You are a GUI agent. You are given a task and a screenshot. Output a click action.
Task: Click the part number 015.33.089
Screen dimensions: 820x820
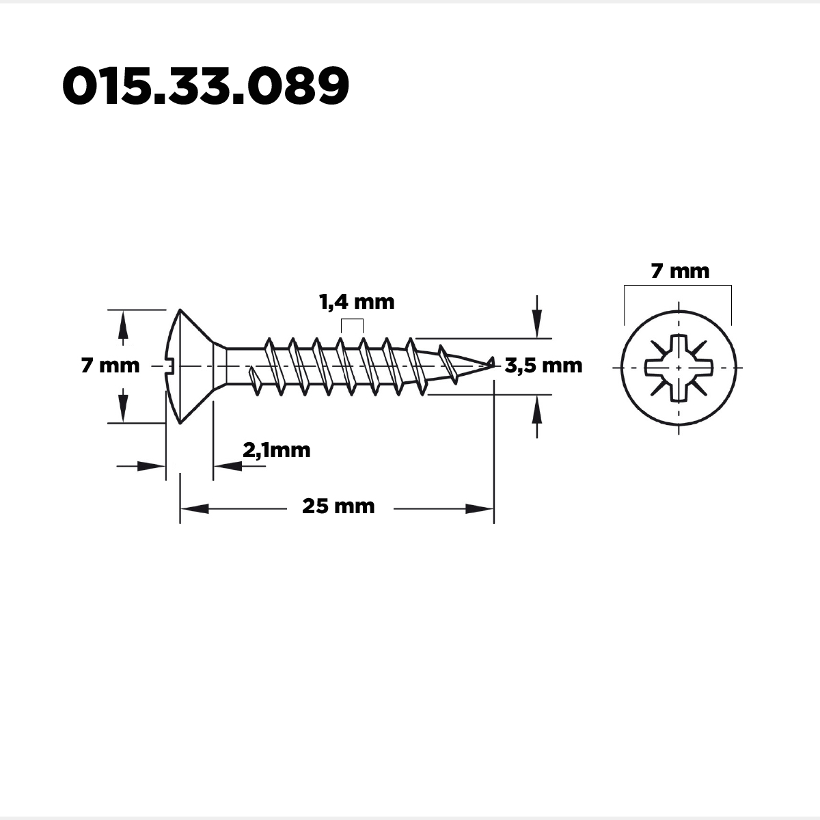tap(206, 85)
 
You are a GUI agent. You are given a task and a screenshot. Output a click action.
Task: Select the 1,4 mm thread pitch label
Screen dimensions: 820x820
tap(357, 302)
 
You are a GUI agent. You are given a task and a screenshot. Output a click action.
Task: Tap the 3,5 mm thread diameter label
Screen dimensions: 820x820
tap(543, 366)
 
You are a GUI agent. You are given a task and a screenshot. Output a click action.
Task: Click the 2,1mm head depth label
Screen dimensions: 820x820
tap(277, 450)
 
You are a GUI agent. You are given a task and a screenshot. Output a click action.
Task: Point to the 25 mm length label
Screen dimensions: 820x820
tap(338, 506)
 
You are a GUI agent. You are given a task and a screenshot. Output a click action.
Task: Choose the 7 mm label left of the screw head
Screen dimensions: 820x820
tap(110, 366)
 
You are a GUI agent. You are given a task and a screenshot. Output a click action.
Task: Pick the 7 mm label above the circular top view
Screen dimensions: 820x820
tap(680, 271)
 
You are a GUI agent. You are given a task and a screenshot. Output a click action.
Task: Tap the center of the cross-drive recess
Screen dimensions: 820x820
tap(679, 368)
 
